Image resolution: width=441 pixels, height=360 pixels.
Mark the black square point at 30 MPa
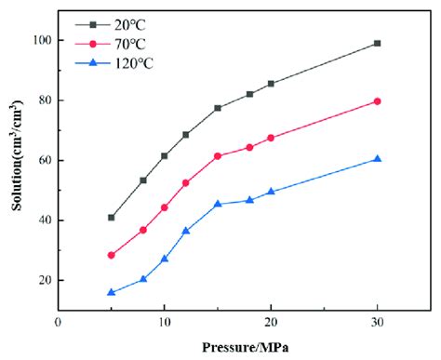pos(377,43)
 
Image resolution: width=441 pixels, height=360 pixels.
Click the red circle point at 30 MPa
pos(377,100)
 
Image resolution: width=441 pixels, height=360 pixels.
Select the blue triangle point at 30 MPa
pos(377,159)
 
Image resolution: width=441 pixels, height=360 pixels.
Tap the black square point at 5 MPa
pos(111,218)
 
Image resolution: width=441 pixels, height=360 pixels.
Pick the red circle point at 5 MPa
pos(111,255)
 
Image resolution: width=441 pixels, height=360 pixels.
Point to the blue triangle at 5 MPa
pos(111,292)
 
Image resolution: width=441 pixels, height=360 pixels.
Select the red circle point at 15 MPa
pos(218,156)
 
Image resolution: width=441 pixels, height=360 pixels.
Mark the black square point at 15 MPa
pos(218,108)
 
